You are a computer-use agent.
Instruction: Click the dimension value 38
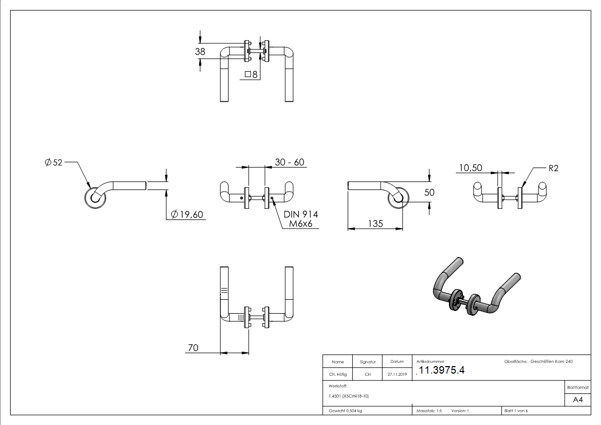(x=200, y=51)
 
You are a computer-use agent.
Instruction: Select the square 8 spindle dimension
(x=251, y=74)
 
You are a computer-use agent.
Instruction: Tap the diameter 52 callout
(x=54, y=162)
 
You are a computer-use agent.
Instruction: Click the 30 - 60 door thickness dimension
(x=290, y=162)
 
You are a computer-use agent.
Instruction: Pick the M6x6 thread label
(x=300, y=224)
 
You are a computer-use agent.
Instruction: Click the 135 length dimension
(x=375, y=224)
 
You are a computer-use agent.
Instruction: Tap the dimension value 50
(x=429, y=192)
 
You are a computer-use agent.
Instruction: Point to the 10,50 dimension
(x=470, y=168)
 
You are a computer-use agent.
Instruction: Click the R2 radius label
(x=553, y=168)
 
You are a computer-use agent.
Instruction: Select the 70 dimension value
(x=193, y=348)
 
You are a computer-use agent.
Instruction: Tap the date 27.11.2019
(x=397, y=375)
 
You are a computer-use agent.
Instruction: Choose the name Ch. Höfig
(x=338, y=375)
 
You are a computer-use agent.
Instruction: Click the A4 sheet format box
(x=577, y=400)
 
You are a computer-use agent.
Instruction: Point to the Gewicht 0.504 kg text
(x=346, y=411)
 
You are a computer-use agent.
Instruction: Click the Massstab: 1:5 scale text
(x=429, y=411)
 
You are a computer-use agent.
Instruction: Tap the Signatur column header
(x=368, y=362)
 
